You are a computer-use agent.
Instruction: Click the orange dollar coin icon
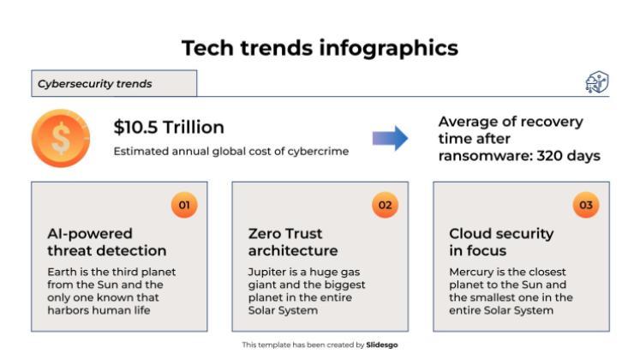[x=61, y=138]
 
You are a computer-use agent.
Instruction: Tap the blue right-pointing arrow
[x=390, y=138]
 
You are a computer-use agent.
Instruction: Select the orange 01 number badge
[x=183, y=205]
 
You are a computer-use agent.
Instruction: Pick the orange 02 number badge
[x=385, y=205]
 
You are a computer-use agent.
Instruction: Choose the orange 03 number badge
[x=585, y=205]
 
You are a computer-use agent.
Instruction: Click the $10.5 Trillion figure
[x=169, y=128]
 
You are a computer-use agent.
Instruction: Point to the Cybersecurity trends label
[x=95, y=84]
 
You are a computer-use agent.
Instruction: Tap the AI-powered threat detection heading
[x=106, y=242]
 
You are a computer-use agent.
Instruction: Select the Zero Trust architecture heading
[x=293, y=242]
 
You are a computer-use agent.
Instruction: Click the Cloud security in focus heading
[x=501, y=242]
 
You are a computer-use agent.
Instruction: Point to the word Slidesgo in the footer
[x=382, y=345]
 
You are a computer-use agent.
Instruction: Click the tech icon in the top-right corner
[x=596, y=82]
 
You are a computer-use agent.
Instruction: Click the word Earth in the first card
[x=63, y=273]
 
